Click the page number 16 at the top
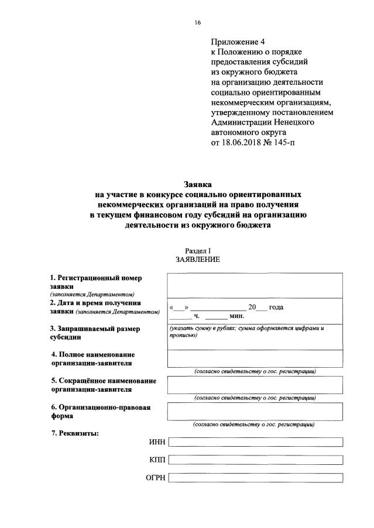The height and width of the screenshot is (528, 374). [x=197, y=23]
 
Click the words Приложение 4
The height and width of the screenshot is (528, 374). [x=238, y=43]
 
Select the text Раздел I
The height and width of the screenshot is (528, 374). [x=197, y=250]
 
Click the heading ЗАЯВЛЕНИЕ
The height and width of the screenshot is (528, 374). [x=197, y=260]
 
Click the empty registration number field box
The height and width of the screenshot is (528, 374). [x=255, y=285]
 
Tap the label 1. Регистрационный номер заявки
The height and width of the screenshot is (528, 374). [x=96, y=282]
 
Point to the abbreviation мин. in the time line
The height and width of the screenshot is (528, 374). [x=236, y=316]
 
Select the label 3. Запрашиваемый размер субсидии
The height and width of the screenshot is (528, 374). [x=95, y=333]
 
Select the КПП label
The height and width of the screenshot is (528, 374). [x=157, y=460]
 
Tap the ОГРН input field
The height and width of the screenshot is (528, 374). [x=255, y=478]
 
